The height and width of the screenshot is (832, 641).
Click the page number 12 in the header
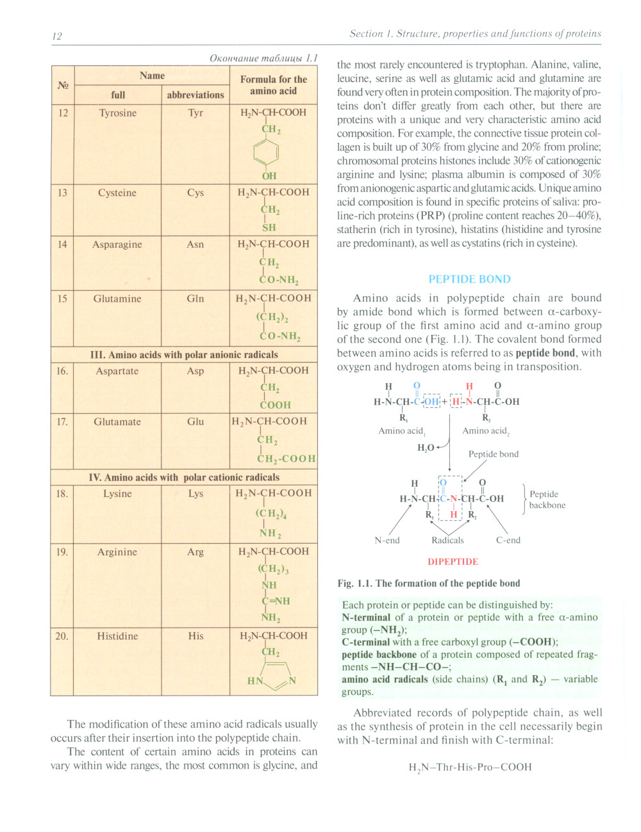point(57,36)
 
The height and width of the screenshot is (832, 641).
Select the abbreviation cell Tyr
point(196,113)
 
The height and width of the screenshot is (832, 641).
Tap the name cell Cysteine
point(117,193)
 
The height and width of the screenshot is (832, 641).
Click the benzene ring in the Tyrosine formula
point(266,152)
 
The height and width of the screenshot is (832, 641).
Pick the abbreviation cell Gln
point(196,298)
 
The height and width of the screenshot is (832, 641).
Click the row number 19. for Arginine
point(62,552)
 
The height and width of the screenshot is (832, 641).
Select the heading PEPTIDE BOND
point(469,279)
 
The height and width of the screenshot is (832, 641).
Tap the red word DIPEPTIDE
point(453,562)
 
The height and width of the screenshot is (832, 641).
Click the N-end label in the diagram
point(387,541)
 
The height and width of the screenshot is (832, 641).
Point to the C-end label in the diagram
point(508,541)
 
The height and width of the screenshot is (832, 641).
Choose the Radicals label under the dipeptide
point(447,541)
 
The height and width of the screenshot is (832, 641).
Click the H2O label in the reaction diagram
point(426,448)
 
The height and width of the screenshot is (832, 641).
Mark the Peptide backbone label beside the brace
point(547,500)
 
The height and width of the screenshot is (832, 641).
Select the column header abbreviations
point(196,95)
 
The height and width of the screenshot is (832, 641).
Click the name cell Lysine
point(117,494)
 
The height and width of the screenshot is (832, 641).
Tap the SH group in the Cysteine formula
point(269,227)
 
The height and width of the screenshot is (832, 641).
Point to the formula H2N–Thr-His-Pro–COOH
point(470,767)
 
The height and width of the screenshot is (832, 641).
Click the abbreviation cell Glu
point(196,421)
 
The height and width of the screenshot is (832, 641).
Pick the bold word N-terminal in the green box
point(366,617)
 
